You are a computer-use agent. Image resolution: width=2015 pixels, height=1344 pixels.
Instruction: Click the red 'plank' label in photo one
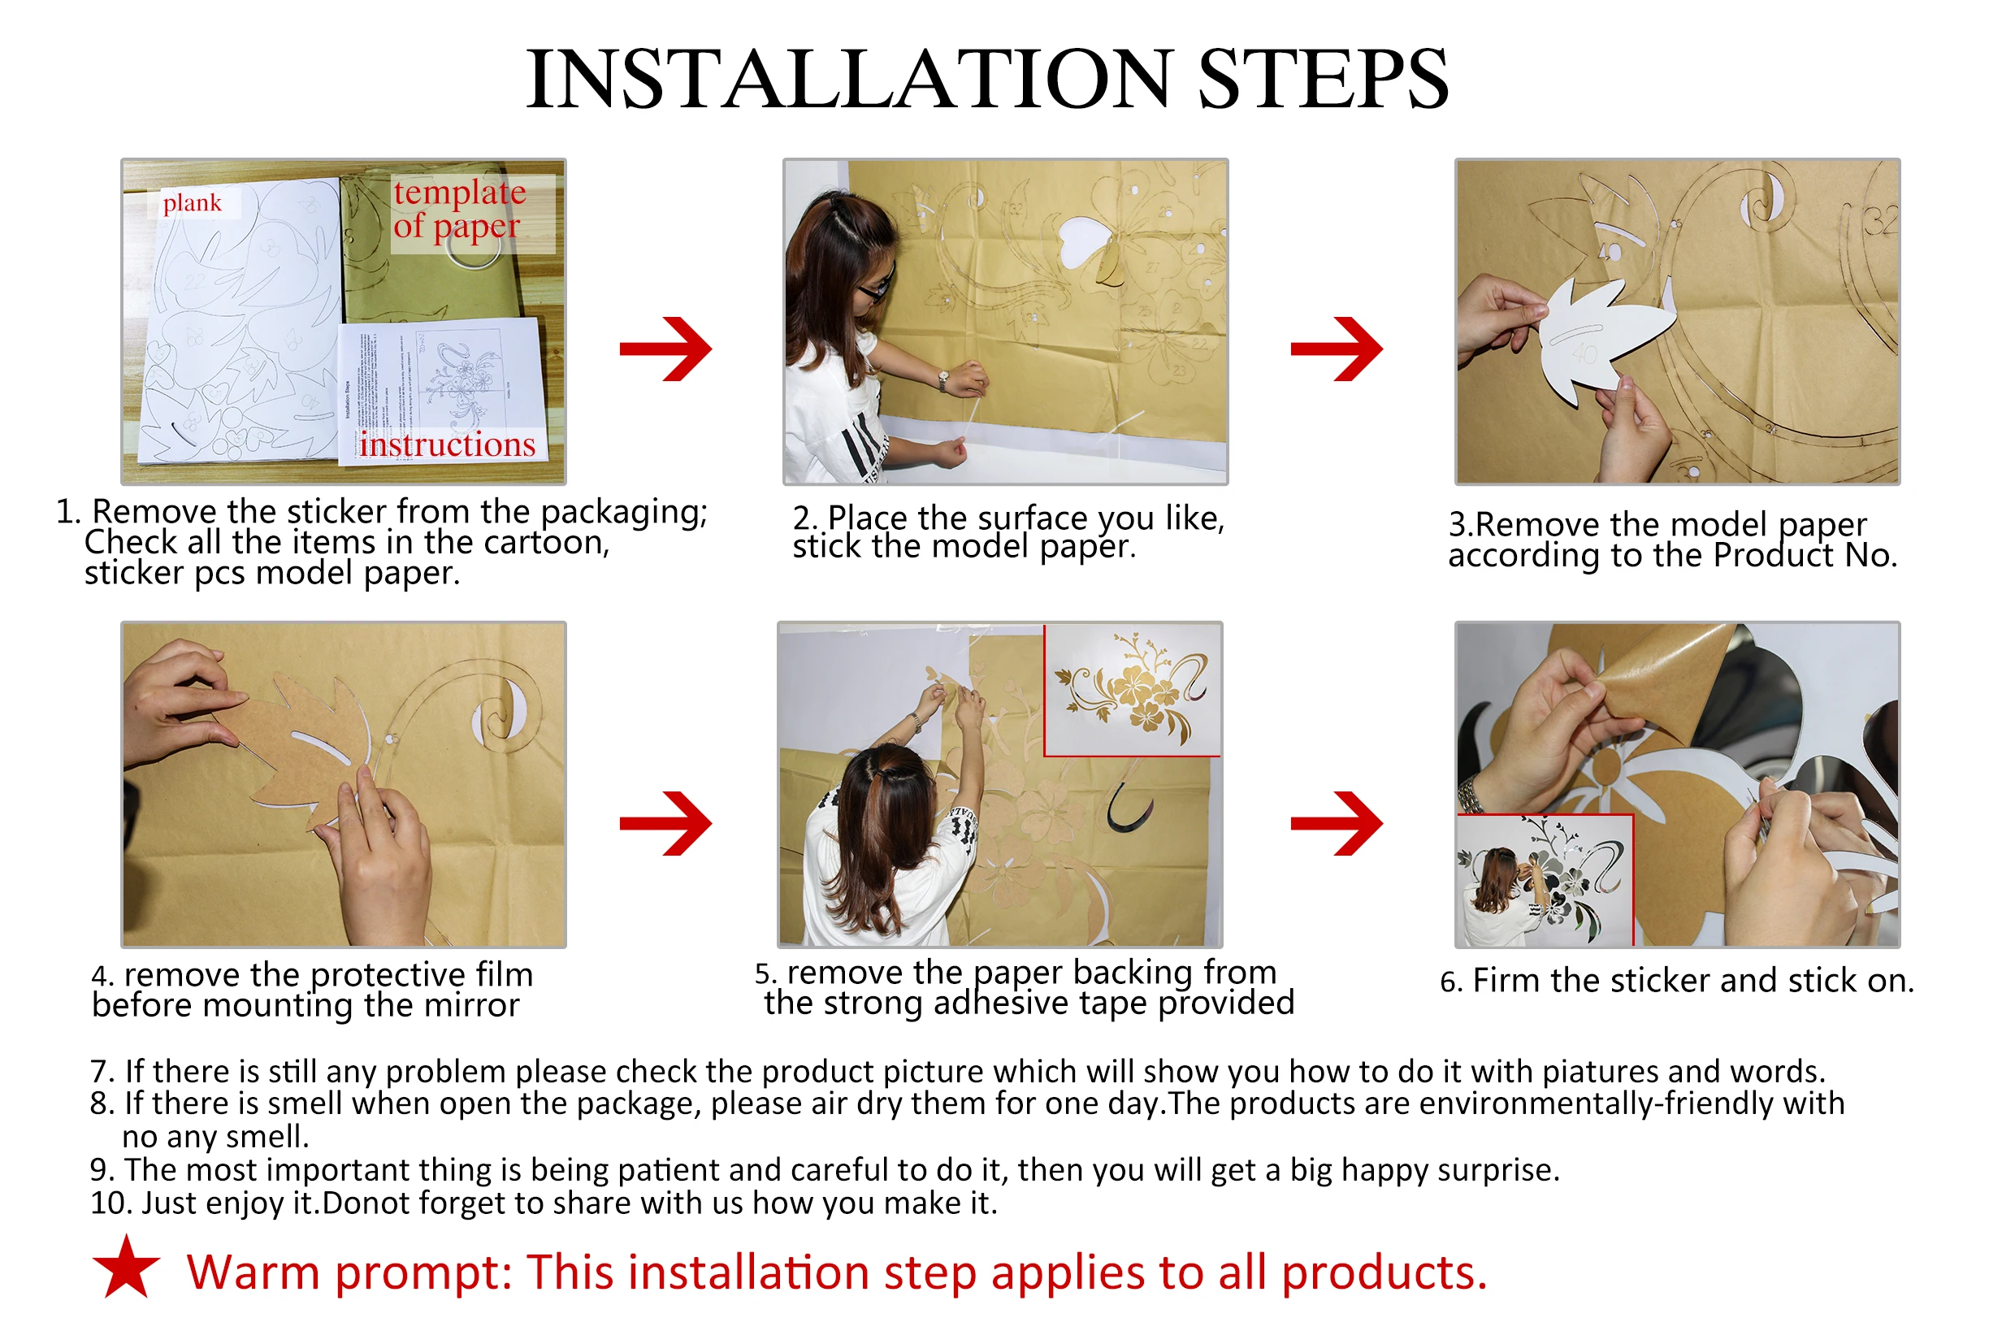[192, 203]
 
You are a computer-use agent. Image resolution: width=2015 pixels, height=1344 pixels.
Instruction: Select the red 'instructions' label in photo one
[447, 444]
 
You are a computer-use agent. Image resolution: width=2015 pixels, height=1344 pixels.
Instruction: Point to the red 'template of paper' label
[460, 210]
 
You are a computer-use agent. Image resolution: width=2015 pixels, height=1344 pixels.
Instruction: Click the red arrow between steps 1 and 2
[666, 349]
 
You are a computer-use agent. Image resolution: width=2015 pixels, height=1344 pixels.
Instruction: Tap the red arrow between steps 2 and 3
[1337, 349]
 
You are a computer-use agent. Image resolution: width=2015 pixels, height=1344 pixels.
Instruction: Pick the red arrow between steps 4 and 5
[666, 823]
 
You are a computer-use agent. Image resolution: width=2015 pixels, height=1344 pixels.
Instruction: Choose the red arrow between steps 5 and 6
[1337, 823]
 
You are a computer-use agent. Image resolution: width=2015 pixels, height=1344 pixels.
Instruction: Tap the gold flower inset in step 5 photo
[1133, 690]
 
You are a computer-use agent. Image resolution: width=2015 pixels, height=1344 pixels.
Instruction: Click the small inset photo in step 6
[1545, 880]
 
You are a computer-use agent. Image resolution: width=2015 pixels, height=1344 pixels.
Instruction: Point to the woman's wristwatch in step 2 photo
[942, 380]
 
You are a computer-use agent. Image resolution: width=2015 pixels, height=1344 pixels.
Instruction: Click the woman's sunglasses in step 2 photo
[876, 285]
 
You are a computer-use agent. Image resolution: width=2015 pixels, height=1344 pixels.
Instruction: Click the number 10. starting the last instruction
[110, 1203]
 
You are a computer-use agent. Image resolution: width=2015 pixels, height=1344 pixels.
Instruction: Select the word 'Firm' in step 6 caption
[1506, 981]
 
